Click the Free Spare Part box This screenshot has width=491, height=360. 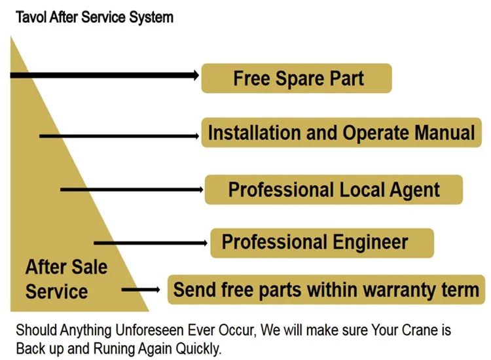tap(296, 79)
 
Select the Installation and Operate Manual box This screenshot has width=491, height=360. tap(341, 133)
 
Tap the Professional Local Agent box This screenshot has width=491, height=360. tap(334, 190)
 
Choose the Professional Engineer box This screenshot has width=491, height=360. tap(321, 242)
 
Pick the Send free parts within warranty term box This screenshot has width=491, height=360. tap(326, 289)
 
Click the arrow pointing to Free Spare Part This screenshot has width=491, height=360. tap(105, 76)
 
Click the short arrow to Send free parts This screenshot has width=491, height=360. tap(140, 289)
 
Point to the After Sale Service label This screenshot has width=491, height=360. tap(65, 279)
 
